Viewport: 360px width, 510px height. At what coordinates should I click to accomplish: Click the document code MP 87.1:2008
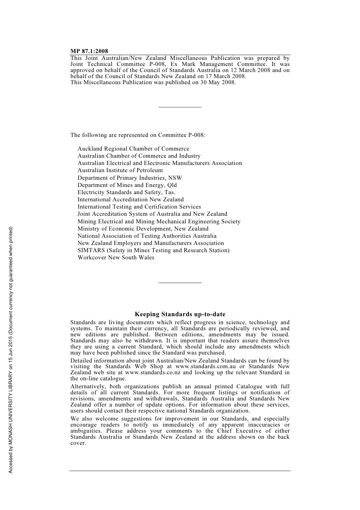89,51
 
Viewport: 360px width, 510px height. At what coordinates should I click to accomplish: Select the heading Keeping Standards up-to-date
180,314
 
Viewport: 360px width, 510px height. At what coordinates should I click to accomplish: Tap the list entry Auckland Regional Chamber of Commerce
133,149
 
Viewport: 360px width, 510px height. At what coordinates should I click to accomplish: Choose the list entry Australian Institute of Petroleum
120,170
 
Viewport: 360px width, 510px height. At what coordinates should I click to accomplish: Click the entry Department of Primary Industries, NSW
130,178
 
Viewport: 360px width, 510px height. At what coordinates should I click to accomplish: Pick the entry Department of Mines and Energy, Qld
127,185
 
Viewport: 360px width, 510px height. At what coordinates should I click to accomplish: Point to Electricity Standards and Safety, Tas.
126,192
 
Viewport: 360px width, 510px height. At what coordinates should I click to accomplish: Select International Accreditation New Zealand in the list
130,199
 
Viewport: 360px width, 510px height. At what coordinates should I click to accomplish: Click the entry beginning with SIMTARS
153,250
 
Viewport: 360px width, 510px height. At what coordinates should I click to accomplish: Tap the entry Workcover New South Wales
116,257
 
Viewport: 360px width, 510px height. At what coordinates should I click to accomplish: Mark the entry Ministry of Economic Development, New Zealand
143,229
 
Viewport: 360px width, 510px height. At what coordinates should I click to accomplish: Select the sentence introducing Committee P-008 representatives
138,135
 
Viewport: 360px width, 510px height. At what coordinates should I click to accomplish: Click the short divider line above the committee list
180,107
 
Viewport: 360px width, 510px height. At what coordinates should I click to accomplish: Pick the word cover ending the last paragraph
78,443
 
